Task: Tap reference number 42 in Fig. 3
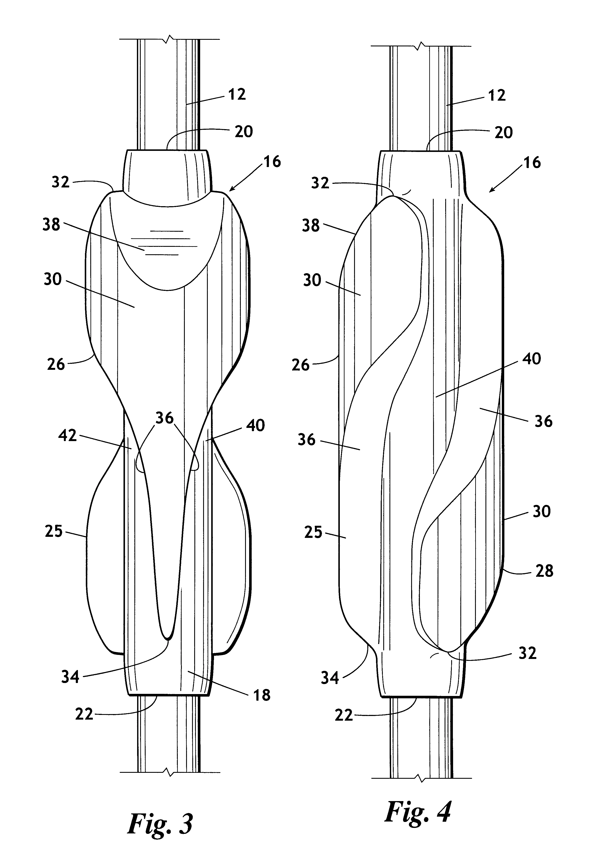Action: tap(68, 435)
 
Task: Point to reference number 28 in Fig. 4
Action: tap(544, 571)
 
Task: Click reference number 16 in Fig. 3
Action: tap(272, 162)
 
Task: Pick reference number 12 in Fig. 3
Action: tap(237, 94)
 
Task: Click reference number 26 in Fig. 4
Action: tap(300, 365)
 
